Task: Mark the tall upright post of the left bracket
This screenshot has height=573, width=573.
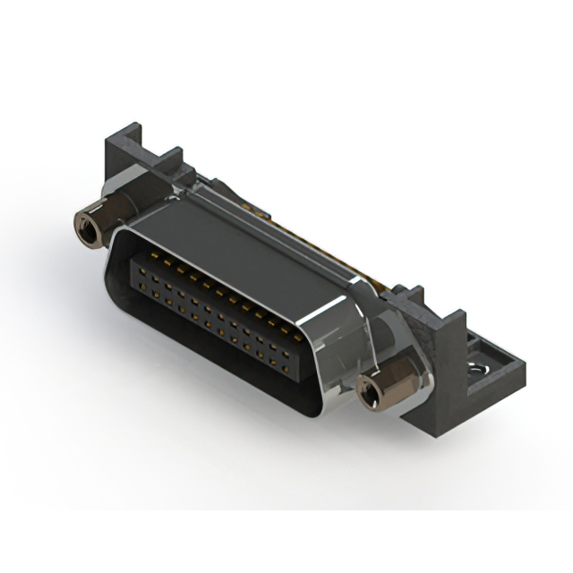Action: (118, 152)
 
